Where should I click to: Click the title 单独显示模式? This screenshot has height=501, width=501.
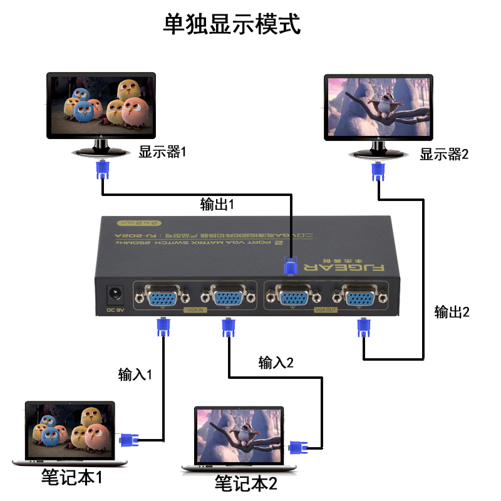(x=232, y=24)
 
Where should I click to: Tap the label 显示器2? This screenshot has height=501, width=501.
(x=444, y=154)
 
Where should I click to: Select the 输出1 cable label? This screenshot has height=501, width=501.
(x=217, y=205)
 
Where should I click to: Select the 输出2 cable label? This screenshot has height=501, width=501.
(x=452, y=312)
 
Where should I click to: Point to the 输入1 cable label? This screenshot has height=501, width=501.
(x=135, y=374)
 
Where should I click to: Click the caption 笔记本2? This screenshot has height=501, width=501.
(x=245, y=483)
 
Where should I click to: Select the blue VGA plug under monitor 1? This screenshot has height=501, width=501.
(x=102, y=170)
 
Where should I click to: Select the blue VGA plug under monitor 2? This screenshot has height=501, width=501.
(x=378, y=170)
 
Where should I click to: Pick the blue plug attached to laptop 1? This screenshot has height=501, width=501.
(x=130, y=440)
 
